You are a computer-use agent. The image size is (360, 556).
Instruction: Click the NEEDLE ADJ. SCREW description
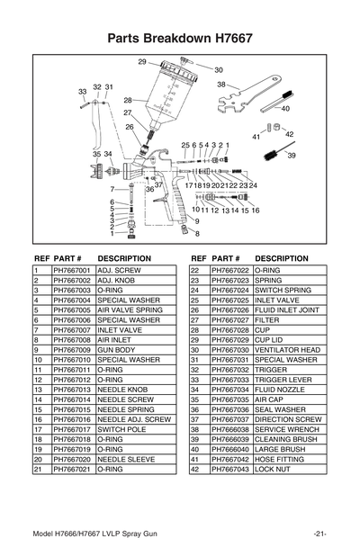point(133,418)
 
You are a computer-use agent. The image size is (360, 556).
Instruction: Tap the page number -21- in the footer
point(319,534)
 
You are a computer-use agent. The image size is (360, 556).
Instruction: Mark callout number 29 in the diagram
point(142,61)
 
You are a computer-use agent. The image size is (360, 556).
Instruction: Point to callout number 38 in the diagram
point(221,85)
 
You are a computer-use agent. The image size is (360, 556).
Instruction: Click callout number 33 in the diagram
point(82,92)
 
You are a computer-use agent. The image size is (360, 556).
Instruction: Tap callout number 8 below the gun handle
point(197,233)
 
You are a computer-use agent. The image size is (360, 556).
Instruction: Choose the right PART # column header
point(228,257)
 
